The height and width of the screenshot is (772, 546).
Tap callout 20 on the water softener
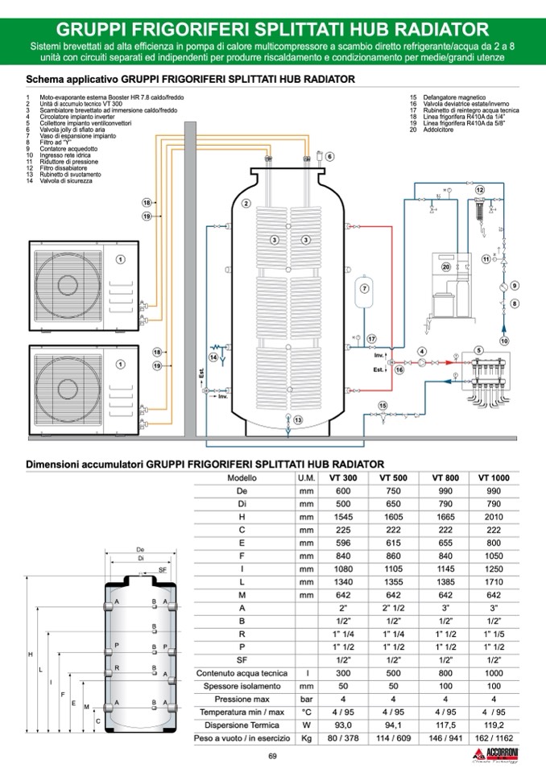(445, 266)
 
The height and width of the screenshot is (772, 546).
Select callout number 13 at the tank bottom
(298, 419)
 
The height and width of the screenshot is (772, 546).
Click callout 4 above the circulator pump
(421, 352)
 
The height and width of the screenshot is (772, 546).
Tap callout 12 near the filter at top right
(480, 189)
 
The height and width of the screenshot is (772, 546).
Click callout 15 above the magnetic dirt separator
(383, 404)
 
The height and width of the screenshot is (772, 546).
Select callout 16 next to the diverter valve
(399, 370)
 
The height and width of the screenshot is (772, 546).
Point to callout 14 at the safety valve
(213, 356)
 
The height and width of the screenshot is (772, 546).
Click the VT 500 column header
(392, 477)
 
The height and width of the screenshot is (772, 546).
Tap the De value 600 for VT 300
(343, 491)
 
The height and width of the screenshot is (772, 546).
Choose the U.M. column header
(306, 477)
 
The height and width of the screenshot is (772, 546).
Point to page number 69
(272, 756)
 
